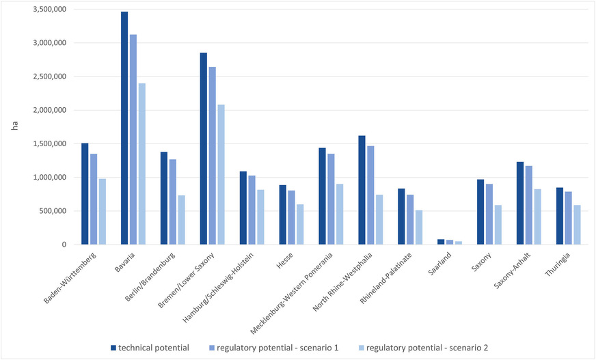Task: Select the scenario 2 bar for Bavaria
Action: (x=141, y=164)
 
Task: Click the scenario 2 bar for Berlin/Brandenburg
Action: (x=181, y=220)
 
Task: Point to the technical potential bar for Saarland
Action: (x=401, y=242)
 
